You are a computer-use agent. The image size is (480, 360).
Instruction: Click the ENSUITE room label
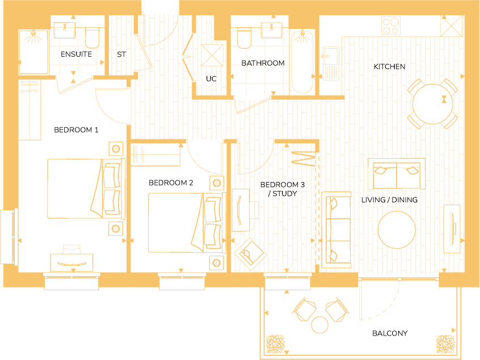click(76, 54)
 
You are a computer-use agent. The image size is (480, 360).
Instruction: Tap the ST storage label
click(121, 54)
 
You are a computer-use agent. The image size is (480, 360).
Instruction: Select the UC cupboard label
click(211, 79)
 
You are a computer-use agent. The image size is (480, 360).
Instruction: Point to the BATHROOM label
click(263, 63)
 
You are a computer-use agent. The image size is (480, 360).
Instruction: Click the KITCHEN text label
click(389, 67)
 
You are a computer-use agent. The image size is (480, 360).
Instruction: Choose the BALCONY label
click(390, 333)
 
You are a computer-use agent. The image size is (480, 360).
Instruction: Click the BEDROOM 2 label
click(171, 183)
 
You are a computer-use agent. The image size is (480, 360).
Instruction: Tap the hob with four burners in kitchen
click(390, 26)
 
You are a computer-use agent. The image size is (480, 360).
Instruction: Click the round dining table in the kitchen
click(432, 104)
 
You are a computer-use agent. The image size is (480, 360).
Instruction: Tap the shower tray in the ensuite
click(34, 52)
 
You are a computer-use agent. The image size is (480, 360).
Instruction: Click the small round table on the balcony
click(321, 325)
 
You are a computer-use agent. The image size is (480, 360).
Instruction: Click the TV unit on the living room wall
click(452, 229)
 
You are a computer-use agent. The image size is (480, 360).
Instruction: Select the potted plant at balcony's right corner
click(445, 344)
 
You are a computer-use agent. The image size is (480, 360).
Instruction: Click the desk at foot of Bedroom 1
click(71, 261)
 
